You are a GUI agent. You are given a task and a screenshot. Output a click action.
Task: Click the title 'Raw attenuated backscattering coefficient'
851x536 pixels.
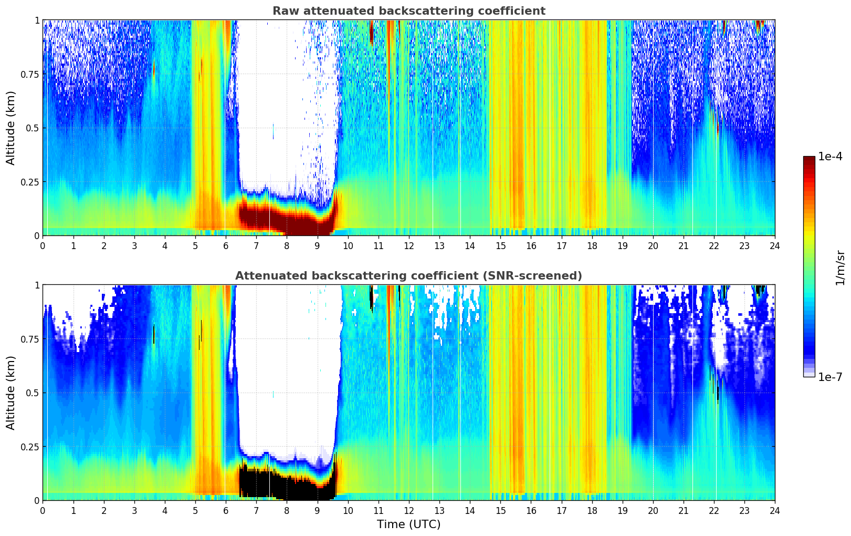[408, 11]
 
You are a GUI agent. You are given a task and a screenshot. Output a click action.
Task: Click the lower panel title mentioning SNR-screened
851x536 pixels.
[408, 276]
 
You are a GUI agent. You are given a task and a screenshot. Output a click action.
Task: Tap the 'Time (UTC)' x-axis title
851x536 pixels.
[408, 524]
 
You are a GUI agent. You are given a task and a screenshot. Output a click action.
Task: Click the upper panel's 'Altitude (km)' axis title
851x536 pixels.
[11, 128]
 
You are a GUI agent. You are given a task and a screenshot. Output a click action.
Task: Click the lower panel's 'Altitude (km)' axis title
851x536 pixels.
[11, 393]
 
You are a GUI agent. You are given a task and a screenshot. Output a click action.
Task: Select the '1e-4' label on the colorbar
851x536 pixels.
[830, 157]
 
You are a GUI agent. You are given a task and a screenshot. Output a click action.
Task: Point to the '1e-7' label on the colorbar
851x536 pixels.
[830, 377]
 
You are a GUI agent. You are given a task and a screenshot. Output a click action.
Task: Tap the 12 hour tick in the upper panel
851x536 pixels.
[409, 245]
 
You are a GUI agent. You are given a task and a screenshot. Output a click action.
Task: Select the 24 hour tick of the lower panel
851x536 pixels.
[775, 510]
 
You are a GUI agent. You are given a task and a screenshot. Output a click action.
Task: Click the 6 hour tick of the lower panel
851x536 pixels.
[226, 510]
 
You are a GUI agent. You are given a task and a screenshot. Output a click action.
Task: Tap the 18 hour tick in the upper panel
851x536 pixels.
[592, 245]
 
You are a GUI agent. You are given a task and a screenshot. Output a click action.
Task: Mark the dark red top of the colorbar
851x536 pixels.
[808, 160]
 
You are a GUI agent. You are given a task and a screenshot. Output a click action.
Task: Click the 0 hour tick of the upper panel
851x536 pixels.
[43, 245]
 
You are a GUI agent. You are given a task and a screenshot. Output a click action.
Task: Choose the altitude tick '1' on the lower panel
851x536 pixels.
[37, 285]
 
